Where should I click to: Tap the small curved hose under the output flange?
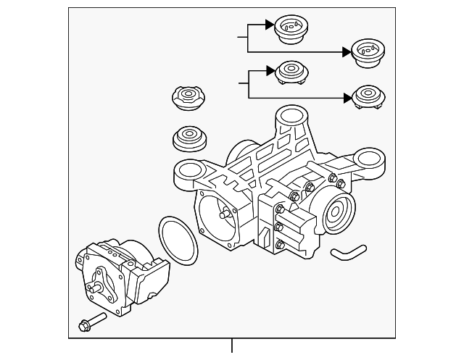click(x=348, y=251)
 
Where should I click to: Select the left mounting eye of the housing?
click(x=186, y=172)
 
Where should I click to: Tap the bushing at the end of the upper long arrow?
click(x=368, y=53)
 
